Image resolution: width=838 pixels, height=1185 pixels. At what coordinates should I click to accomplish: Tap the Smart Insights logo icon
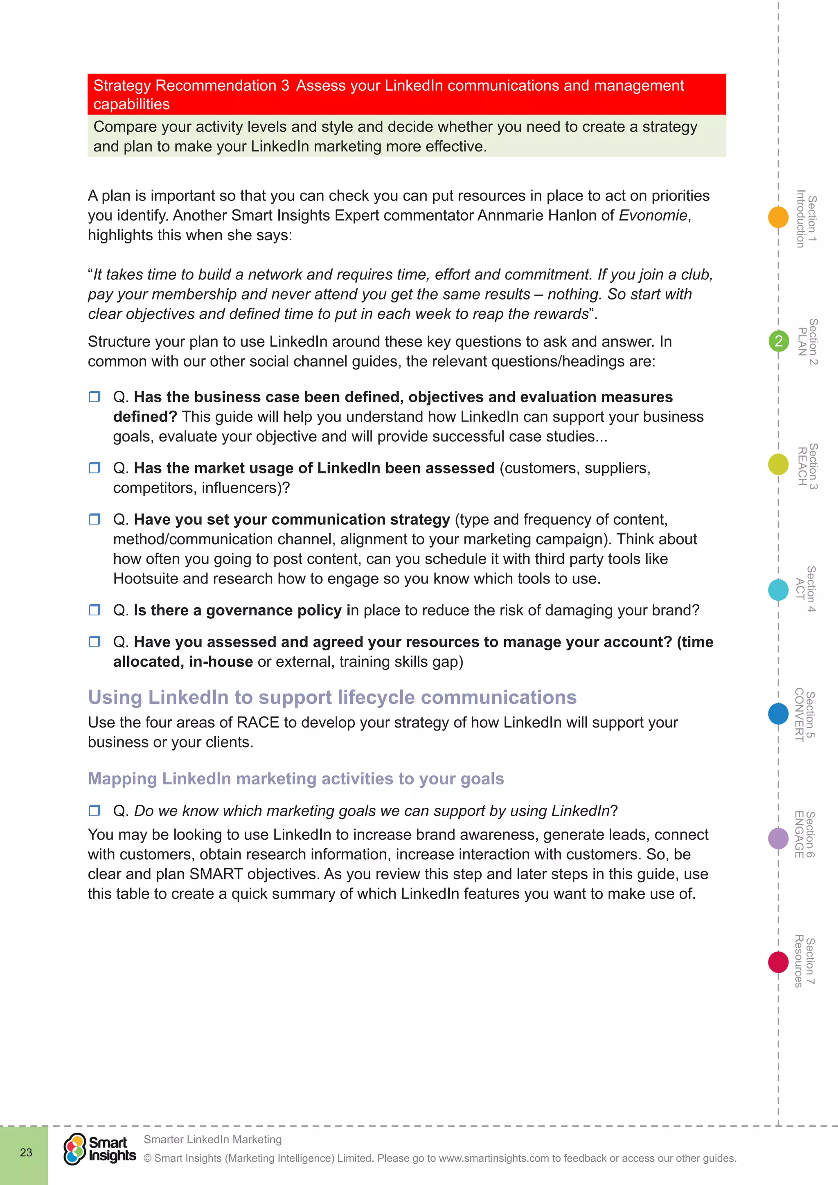[75, 1149]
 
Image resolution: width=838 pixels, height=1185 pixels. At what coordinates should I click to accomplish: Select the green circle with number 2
[778, 341]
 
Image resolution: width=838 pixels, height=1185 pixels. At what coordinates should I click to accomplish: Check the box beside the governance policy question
[95, 610]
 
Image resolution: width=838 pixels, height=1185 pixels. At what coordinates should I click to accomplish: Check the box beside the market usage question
[95, 468]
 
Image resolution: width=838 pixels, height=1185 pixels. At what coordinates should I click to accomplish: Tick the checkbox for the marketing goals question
[95, 810]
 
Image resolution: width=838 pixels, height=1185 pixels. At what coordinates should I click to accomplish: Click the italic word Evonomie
[653, 215]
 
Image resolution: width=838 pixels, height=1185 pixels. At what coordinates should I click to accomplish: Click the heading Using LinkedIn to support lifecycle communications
[332, 697]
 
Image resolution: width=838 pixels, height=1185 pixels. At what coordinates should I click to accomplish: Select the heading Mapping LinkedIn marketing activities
[296, 778]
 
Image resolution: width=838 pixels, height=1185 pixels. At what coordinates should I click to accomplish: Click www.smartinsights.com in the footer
[494, 1158]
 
